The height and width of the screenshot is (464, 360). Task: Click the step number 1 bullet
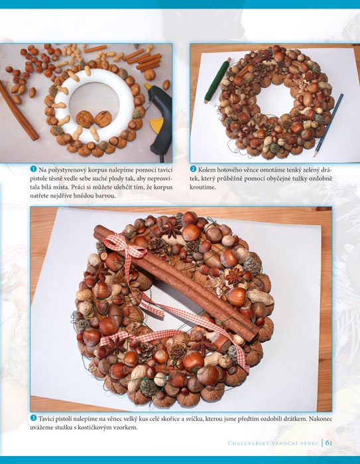pos(33,169)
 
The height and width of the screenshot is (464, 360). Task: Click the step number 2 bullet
pos(193,169)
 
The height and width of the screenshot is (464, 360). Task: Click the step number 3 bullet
pos(33,418)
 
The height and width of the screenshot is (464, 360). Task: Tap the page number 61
pos(329,443)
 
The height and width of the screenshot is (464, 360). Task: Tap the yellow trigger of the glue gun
pos(156,125)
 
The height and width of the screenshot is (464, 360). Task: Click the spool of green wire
pos(216,81)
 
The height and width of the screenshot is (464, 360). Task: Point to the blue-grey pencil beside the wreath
pos(328,125)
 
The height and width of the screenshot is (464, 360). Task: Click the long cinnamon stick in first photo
pos(19,111)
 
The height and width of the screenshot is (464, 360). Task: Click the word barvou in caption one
pos(105,196)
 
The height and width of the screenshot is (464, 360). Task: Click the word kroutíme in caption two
pos(203,188)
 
